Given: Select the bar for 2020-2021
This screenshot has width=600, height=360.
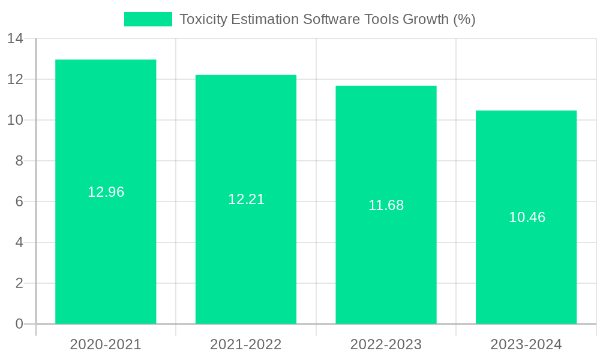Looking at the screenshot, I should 106,252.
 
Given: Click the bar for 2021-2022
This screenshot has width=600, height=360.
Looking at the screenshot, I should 246,258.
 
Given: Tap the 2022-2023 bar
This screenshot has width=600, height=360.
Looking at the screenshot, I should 386,264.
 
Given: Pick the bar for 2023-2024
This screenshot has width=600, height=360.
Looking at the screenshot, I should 526,270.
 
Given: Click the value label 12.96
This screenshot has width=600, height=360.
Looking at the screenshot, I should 106,192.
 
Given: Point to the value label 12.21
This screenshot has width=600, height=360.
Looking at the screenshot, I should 246,199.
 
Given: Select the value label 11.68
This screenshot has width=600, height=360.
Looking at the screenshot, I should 386,205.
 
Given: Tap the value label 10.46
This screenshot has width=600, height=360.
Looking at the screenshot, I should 527,217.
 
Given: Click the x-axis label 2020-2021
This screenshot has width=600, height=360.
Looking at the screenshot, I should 106,344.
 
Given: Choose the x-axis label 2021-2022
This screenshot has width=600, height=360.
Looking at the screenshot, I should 246,344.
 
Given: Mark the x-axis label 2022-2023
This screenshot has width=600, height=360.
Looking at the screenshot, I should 386,344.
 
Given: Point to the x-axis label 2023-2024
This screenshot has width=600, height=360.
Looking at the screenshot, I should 526,344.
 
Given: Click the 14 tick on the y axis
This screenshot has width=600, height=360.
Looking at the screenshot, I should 15,38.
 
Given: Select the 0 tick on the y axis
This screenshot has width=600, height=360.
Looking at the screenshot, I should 19,324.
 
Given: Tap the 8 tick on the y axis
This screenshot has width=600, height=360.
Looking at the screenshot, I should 19,161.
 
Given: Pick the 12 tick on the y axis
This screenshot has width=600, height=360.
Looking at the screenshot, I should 15,79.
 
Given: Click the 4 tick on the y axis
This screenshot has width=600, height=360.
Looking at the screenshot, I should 19,242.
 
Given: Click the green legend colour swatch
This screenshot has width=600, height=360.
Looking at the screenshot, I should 148,19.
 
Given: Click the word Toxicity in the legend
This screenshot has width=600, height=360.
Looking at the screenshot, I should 203,19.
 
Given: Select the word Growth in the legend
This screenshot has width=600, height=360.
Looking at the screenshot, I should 425,19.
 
